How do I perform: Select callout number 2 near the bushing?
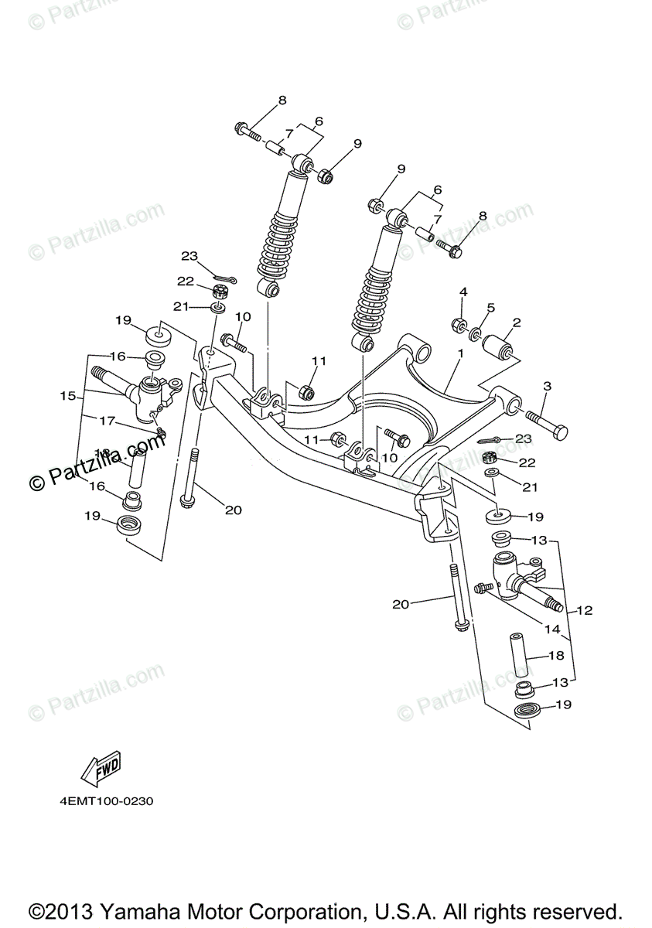coord(516,322)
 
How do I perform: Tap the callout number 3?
coord(547,385)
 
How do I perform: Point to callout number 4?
coord(463,292)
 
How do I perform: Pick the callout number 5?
coord(490,308)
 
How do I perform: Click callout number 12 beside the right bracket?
coord(584,610)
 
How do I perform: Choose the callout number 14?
coord(551,629)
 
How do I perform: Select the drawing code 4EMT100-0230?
coord(106,802)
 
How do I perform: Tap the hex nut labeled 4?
coord(457,322)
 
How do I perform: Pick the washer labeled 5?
coord(476,335)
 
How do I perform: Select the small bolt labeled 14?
coord(485,589)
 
